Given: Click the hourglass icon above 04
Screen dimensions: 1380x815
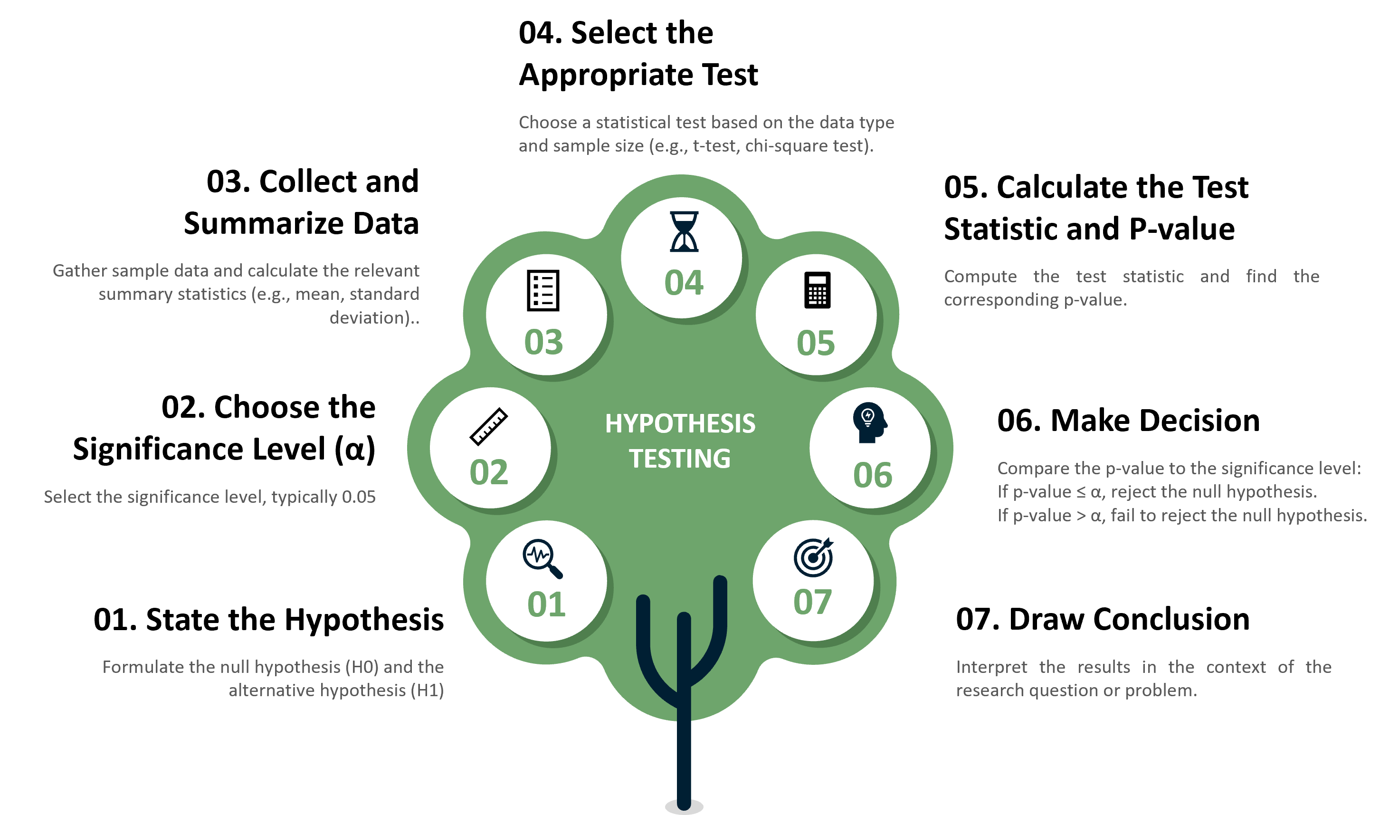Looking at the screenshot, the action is coord(684,232).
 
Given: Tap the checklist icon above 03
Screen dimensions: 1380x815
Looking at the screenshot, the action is coord(543,290).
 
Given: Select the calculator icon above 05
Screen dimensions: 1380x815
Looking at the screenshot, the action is coord(818,290).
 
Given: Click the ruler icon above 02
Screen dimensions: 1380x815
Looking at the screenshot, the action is coord(488,426).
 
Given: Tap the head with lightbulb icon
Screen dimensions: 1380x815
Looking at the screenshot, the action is coord(869,422).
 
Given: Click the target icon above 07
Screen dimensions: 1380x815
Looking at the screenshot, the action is coord(813,557).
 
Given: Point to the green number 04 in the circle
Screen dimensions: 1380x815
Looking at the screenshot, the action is coord(684,283).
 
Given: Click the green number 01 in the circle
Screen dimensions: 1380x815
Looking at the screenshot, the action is coord(546,604).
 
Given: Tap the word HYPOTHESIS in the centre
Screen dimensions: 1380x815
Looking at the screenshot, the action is coord(680,423).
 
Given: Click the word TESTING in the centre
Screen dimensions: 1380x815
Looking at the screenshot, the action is coord(680,459).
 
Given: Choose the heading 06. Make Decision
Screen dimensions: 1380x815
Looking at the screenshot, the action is coord(1128,421).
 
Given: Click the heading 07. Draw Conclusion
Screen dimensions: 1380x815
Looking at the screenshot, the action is coord(1103,620).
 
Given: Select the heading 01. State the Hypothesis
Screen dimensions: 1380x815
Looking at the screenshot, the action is coord(268,620).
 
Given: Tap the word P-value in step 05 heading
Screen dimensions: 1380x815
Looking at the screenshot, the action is coord(1182,229).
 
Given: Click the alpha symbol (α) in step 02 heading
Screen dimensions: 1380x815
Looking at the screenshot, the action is coord(354,449).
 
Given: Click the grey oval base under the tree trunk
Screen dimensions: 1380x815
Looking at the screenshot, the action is coord(684,807).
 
